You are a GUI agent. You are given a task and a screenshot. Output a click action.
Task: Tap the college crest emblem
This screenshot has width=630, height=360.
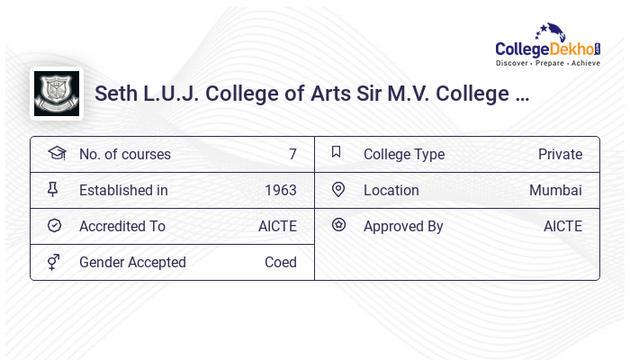click(x=56, y=93)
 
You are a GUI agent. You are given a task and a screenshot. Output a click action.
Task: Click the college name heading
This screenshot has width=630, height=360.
click(x=311, y=94)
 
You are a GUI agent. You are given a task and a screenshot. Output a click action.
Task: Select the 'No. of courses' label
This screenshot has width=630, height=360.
click(x=124, y=154)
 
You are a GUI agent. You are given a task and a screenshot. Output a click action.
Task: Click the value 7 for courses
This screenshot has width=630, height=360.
click(x=292, y=154)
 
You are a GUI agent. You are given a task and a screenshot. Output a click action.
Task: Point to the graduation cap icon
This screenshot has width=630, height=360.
click(x=56, y=153)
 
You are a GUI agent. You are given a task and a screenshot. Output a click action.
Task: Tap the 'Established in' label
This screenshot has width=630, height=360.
click(x=123, y=190)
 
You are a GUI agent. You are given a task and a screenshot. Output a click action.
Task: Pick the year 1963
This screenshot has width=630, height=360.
click(x=280, y=190)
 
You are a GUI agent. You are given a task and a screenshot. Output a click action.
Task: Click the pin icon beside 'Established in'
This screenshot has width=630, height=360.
click(x=54, y=189)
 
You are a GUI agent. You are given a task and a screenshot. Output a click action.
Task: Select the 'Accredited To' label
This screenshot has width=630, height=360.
click(x=122, y=226)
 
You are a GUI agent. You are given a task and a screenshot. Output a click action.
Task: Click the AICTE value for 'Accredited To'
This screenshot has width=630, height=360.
click(x=277, y=226)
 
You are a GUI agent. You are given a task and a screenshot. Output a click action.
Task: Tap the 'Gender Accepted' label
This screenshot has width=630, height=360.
click(x=132, y=262)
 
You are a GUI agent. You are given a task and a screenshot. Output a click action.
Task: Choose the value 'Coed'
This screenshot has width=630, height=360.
click(x=280, y=262)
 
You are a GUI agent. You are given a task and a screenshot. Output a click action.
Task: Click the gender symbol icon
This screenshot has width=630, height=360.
click(x=54, y=262)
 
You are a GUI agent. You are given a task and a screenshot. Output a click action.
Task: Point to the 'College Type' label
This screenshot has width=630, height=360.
click(x=403, y=154)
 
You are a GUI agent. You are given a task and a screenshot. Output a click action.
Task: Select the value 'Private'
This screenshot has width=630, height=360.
click(x=560, y=154)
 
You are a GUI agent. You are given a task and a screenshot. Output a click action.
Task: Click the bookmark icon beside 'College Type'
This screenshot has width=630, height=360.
click(x=337, y=152)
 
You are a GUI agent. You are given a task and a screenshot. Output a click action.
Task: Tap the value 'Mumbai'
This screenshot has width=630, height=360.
click(x=555, y=190)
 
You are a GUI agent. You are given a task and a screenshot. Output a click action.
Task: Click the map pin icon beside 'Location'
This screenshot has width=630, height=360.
click(x=338, y=189)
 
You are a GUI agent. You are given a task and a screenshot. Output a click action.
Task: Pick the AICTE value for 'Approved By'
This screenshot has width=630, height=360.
click(x=562, y=226)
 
